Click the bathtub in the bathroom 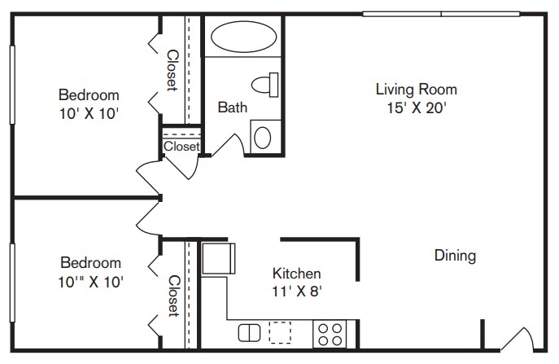243,37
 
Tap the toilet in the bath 265,85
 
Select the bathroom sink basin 263,138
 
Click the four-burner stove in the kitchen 330,335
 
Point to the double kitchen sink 249,332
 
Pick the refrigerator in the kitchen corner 219,258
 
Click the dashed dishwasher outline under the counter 280,332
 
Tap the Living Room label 417,90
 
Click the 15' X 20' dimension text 417,107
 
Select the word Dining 456,256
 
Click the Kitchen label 297,274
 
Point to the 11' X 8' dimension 297,292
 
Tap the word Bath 233,107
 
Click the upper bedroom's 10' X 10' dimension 89,113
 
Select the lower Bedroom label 90,263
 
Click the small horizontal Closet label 181,146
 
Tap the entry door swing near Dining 518,339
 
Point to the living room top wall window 441,14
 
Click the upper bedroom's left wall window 12,85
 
